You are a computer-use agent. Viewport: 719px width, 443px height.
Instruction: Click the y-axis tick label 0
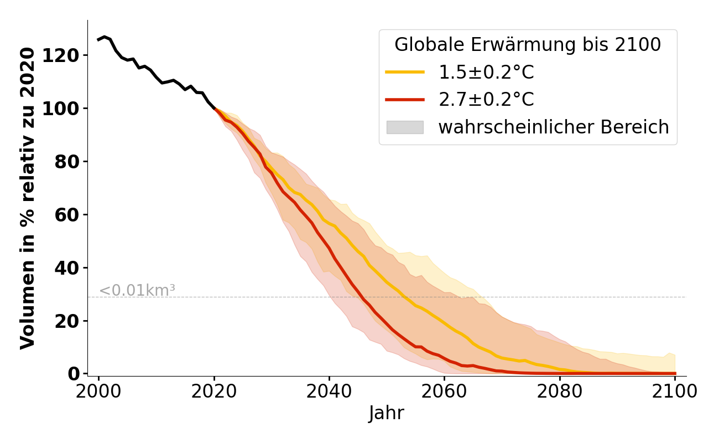pyautogui.click(x=74, y=374)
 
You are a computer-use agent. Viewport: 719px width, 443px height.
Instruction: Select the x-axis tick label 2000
pyautogui.click(x=99, y=392)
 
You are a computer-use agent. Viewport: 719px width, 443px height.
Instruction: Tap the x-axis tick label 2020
pyautogui.click(x=214, y=392)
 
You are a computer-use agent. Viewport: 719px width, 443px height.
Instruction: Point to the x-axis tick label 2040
pyautogui.click(x=329, y=392)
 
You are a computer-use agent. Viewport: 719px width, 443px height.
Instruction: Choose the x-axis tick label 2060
pyautogui.click(x=444, y=392)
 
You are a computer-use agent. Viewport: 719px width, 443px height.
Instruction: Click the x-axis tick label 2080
pyautogui.click(x=560, y=392)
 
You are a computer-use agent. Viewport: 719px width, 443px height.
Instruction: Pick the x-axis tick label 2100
pyautogui.click(x=675, y=392)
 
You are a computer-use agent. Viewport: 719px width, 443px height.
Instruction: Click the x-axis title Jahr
pyautogui.click(x=387, y=413)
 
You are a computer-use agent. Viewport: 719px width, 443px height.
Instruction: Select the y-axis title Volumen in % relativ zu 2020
pyautogui.click(x=28, y=198)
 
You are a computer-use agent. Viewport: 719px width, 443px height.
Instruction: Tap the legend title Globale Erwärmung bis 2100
pyautogui.click(x=528, y=45)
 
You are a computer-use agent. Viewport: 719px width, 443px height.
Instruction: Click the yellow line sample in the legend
pyautogui.click(x=405, y=72)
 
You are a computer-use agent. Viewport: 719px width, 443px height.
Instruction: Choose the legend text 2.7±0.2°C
pyautogui.click(x=486, y=100)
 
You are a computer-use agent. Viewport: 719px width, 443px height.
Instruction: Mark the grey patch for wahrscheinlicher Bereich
pyautogui.click(x=405, y=127)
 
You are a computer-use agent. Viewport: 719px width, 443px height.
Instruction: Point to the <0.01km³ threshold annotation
pyautogui.click(x=137, y=290)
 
